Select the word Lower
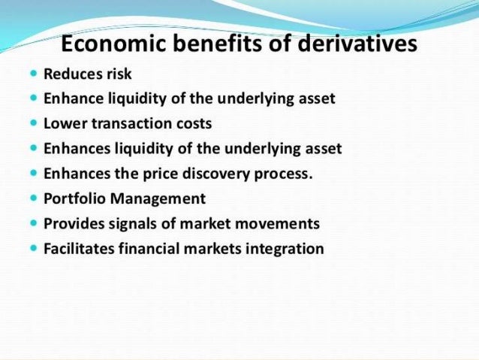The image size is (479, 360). pyautogui.click(x=62, y=123)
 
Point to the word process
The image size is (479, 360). pyautogui.click(x=286, y=174)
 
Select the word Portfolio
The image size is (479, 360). pyautogui.click(x=72, y=199)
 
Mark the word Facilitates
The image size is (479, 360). pyautogui.click(x=79, y=249)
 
